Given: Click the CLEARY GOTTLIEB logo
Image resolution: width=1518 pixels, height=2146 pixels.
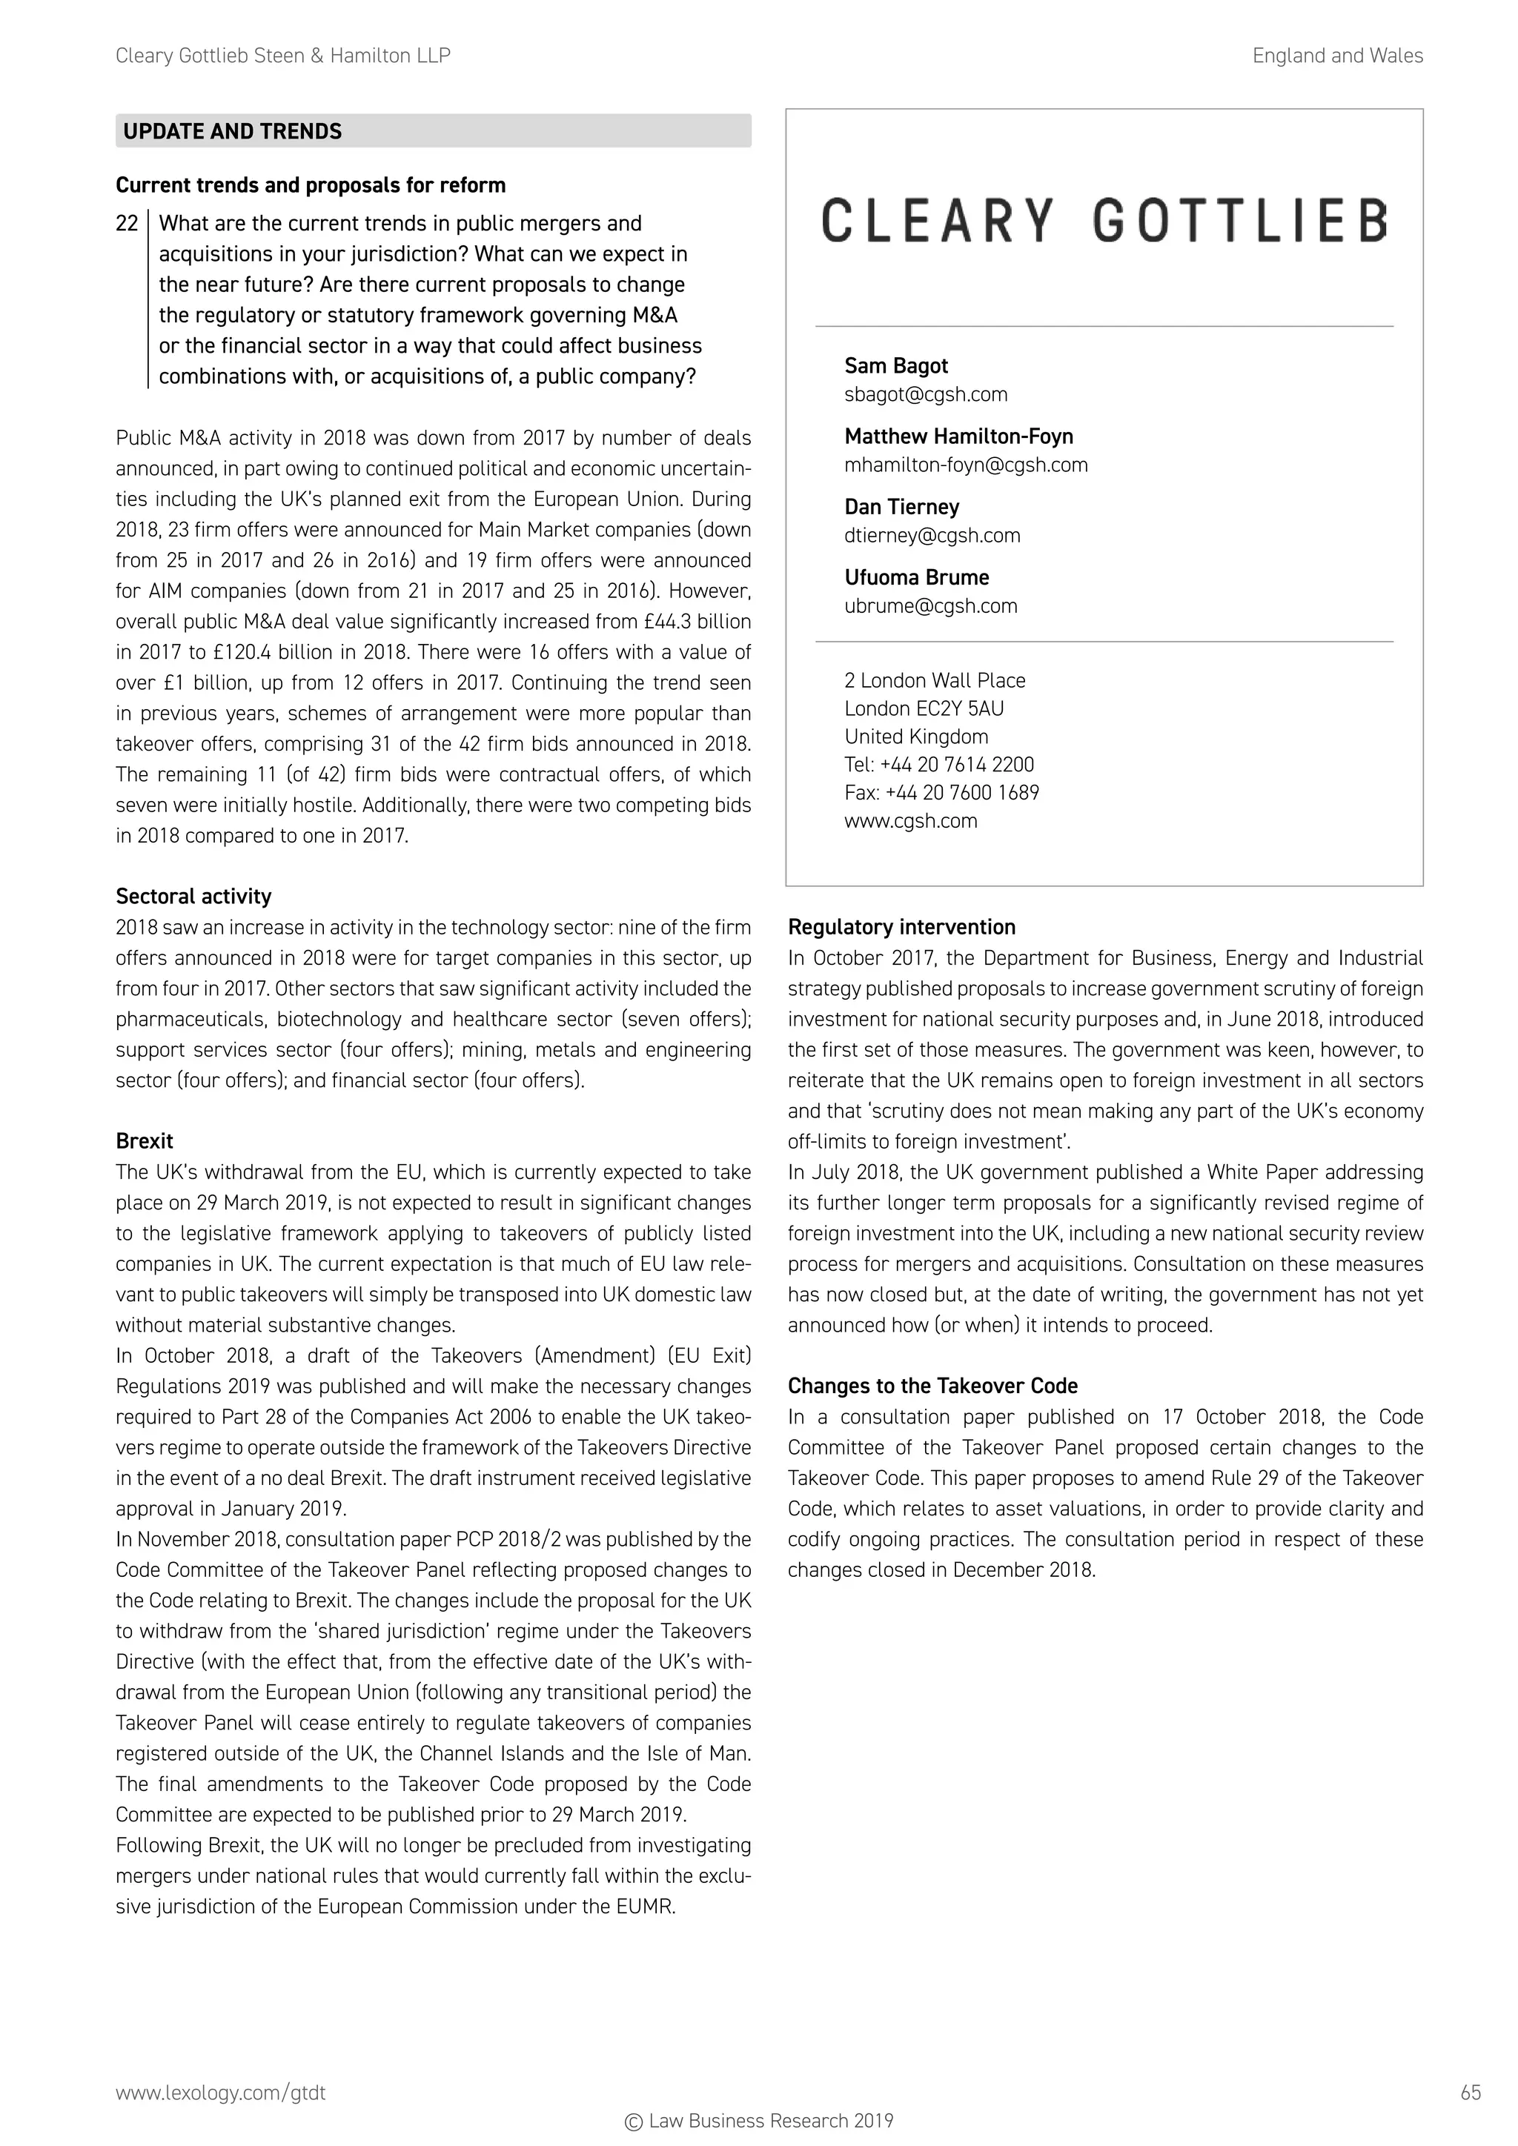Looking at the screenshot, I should tap(1104, 222).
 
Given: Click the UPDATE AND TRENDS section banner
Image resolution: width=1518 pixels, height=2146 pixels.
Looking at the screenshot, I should tap(433, 131).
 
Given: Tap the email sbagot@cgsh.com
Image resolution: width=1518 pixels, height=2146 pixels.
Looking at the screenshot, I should tap(925, 394).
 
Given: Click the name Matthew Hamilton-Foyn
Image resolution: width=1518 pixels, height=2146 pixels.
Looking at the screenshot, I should tap(958, 436).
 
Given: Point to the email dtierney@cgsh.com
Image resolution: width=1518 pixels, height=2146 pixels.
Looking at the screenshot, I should tap(932, 536).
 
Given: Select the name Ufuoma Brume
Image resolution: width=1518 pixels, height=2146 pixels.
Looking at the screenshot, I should tap(916, 577).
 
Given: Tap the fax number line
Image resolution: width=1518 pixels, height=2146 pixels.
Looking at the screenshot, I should tap(941, 793).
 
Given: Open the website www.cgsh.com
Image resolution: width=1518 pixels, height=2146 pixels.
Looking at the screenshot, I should tap(910, 820).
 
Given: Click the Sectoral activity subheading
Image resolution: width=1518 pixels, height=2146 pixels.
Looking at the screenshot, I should tap(193, 897).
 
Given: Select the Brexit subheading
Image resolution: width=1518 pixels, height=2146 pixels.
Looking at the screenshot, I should tap(144, 1141).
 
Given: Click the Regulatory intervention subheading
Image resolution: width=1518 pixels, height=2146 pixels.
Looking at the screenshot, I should tap(901, 927).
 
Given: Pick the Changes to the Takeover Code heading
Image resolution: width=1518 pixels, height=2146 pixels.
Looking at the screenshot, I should tap(932, 1386).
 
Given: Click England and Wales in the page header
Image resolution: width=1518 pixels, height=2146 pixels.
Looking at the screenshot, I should tap(1336, 56).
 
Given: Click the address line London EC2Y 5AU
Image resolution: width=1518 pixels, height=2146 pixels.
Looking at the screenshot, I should tap(924, 708).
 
